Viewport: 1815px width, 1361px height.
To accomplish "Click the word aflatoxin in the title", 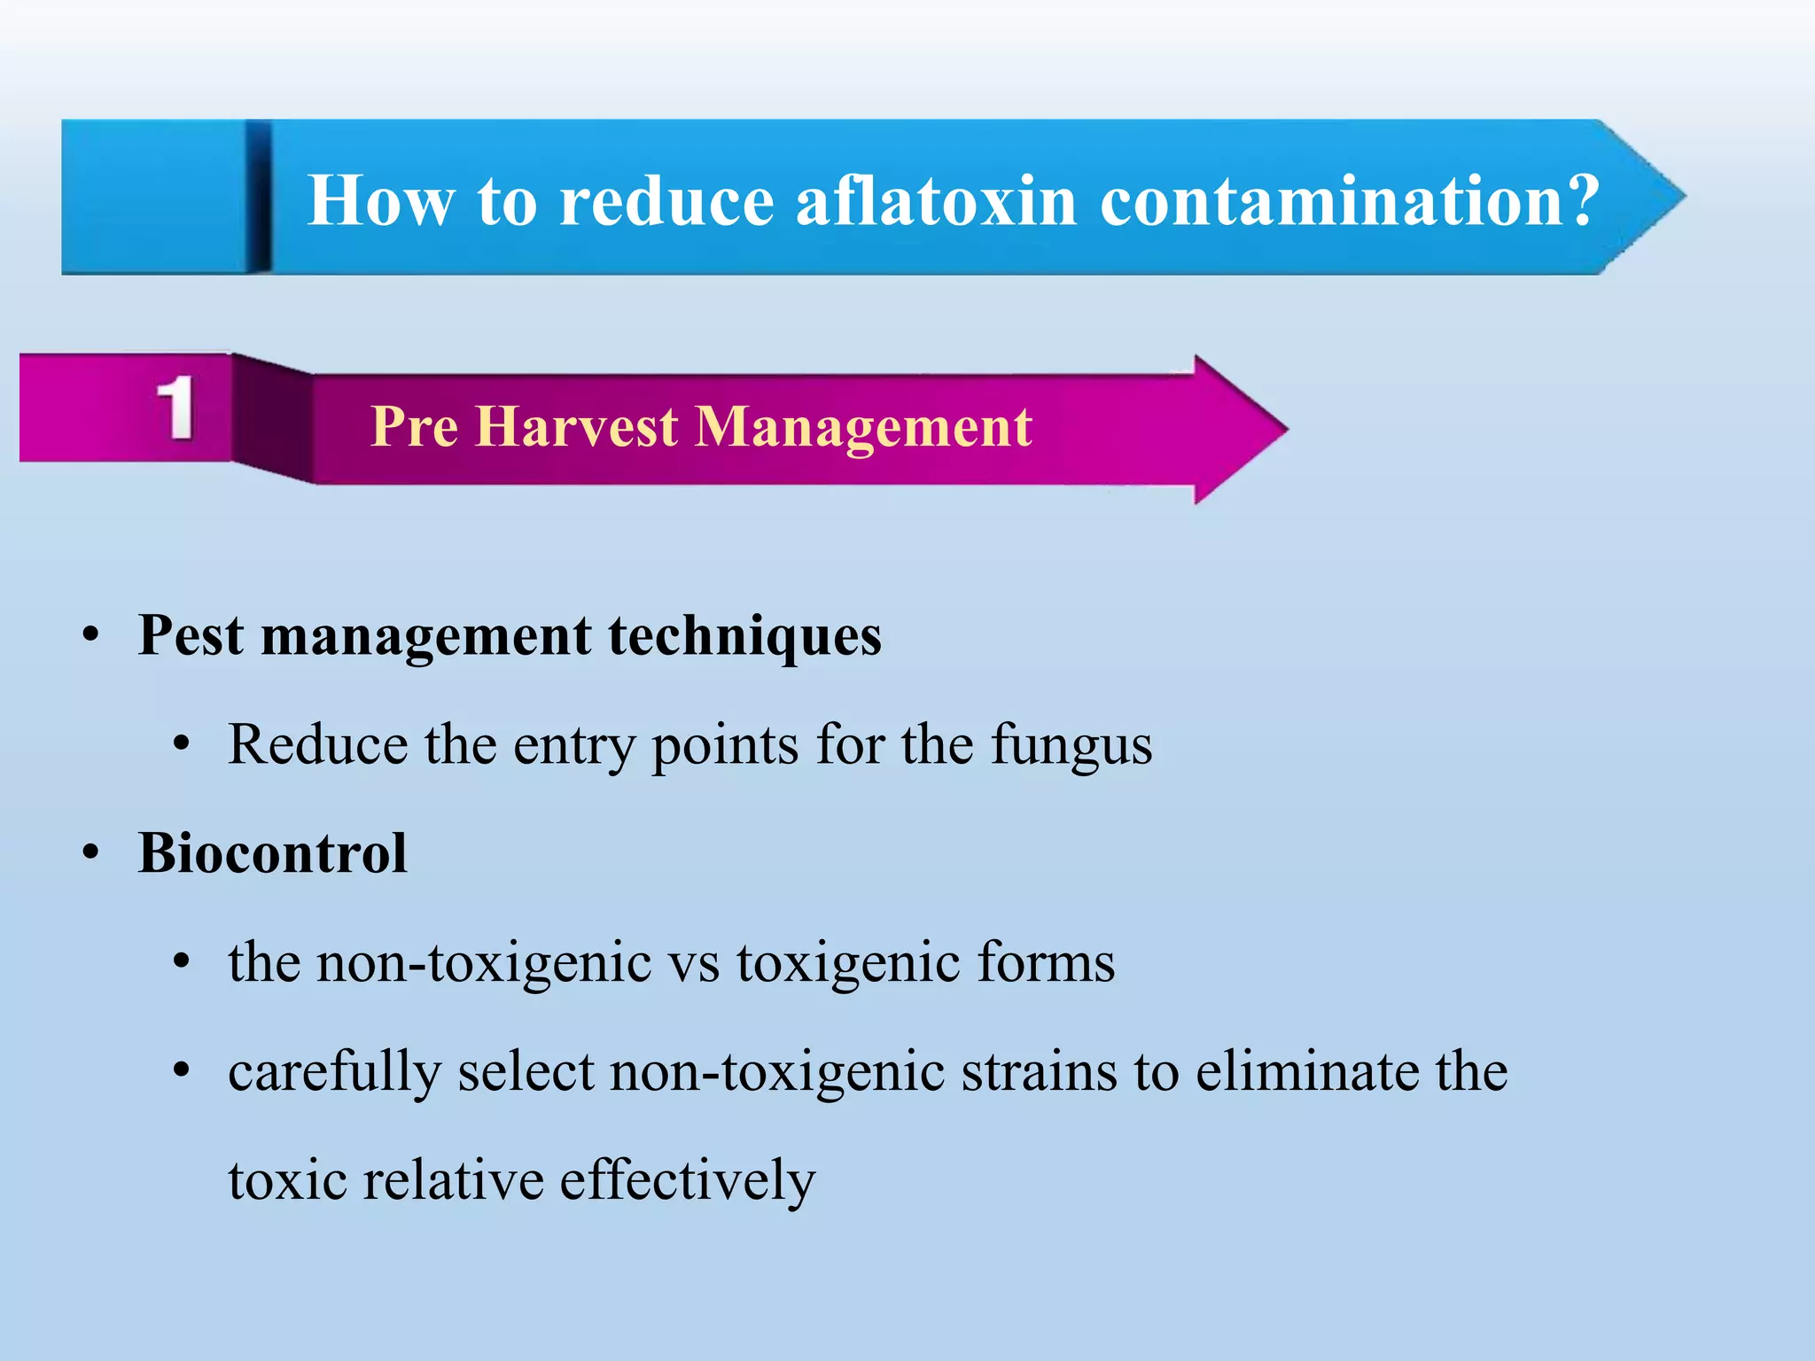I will pos(936,200).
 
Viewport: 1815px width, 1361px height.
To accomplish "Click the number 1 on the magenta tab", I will pos(175,408).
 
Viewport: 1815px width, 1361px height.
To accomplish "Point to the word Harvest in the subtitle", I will pos(577,427).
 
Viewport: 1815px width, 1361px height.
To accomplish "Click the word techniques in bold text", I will pos(744,637).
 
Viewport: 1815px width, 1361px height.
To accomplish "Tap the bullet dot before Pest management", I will pos(90,636).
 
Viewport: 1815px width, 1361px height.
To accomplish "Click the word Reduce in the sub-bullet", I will pos(318,744).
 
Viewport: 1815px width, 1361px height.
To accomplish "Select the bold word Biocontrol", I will pos(273,853).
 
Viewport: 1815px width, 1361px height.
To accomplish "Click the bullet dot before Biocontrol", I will pos(90,853).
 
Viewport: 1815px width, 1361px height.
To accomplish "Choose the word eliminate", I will pos(1307,1072).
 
